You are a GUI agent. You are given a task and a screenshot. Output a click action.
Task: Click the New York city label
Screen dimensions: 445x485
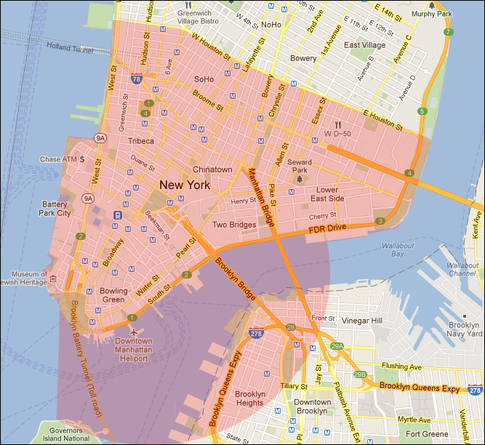tap(184, 185)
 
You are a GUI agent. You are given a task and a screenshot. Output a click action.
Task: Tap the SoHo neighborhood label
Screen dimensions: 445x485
tap(204, 79)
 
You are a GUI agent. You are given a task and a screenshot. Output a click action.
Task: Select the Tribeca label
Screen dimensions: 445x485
tap(141, 140)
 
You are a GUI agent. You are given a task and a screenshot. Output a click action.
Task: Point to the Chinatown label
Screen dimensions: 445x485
tap(212, 169)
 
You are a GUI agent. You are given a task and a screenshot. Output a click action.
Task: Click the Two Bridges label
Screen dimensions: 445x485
tap(233, 225)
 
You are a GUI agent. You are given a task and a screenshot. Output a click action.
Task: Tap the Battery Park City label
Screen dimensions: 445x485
tap(57, 209)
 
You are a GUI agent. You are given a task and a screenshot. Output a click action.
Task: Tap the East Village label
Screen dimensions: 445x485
tap(364, 45)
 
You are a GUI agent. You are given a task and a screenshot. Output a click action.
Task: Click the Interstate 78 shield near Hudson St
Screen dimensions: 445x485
tap(136, 79)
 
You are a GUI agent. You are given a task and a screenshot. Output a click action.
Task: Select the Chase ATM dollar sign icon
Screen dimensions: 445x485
tap(82, 159)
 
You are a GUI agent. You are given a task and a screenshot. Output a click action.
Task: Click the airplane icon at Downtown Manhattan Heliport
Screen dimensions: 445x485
tap(137, 332)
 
